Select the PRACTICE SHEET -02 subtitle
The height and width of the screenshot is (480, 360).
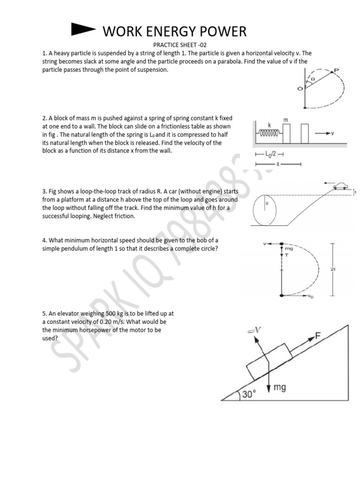coord(180,45)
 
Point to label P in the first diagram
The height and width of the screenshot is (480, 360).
coord(336,70)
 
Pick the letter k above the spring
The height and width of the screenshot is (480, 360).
coord(269,125)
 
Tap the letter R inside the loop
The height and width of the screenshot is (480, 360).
coord(266,204)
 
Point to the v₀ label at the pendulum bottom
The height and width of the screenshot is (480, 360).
coord(311,296)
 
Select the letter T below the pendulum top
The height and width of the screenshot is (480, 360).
coord(286,255)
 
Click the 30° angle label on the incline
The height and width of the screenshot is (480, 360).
coord(249,394)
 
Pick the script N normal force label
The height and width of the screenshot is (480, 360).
coord(257,331)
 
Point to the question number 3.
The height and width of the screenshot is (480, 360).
coord(44,192)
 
